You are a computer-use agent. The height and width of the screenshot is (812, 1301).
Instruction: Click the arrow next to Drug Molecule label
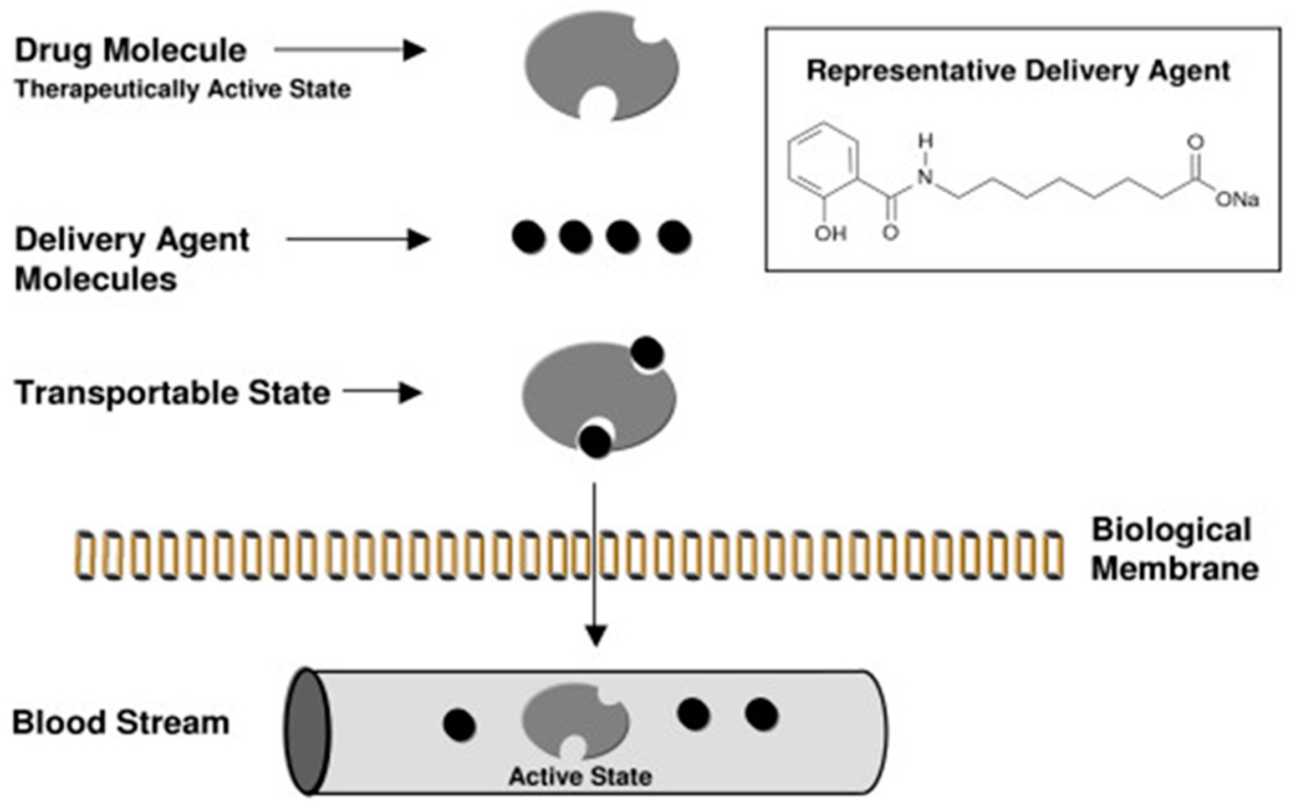(350, 50)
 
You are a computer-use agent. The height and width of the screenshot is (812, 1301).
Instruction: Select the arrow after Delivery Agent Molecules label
(358, 239)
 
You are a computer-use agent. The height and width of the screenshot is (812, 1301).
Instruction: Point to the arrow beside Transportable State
(382, 393)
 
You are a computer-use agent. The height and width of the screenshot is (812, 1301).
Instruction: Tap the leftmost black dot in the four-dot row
(529, 237)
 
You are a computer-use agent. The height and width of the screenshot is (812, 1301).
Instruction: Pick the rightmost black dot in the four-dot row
(675, 237)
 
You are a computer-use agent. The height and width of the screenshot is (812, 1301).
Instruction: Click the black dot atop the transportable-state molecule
(647, 353)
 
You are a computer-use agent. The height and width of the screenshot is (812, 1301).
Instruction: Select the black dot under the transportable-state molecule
(595, 442)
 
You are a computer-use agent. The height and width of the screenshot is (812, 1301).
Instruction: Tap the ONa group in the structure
(1237, 200)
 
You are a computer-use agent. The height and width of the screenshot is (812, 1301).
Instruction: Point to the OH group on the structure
(830, 234)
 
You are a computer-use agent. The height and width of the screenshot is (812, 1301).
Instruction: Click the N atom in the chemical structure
(925, 177)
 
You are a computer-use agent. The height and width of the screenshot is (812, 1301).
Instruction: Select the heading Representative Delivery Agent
(1018, 72)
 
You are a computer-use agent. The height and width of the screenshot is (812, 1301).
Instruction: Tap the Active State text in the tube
(580, 777)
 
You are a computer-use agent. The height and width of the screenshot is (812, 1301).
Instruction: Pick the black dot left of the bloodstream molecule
(460, 726)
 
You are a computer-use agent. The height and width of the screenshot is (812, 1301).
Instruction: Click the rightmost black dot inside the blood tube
(761, 714)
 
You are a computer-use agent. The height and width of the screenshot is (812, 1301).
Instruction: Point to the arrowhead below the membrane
(596, 636)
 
